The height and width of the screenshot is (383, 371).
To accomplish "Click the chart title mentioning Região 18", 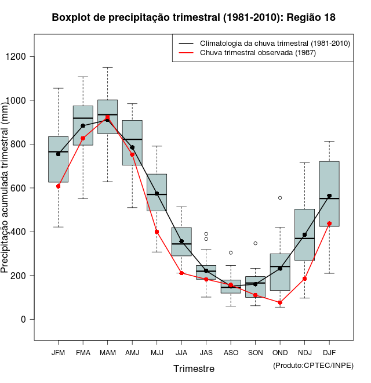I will click(194, 17).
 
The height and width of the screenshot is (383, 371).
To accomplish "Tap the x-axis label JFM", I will click(58, 352).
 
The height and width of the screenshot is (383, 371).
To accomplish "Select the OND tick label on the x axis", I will click(280, 352).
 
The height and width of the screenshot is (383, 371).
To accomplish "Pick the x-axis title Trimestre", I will click(194, 368).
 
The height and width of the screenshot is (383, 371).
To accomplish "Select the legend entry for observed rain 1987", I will click(254, 53).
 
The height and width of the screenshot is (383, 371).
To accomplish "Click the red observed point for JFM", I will click(58, 186).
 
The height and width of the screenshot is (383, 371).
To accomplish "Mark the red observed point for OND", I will click(280, 302).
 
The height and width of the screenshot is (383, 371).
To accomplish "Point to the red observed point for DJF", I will click(329, 223).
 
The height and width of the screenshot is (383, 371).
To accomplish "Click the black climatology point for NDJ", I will click(304, 235).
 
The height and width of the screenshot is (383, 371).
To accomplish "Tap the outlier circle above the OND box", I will click(280, 198).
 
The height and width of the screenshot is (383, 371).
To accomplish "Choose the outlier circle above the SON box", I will click(255, 243).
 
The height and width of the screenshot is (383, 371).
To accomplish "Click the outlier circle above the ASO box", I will click(231, 252).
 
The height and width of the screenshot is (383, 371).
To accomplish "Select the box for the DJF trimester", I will click(329, 194).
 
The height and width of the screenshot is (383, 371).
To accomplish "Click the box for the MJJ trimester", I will click(157, 192).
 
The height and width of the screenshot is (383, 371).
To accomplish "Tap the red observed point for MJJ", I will click(157, 232).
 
